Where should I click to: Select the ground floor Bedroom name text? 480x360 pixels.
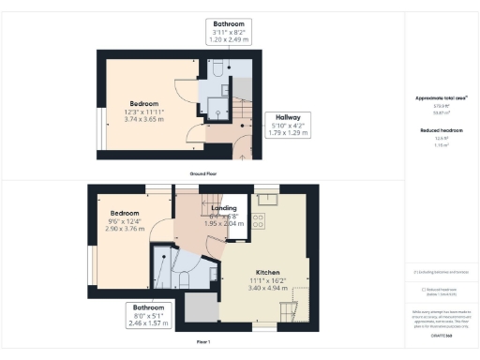(144, 103)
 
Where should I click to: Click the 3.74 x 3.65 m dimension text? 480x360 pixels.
(144, 119)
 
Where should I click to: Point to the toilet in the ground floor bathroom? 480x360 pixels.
(215, 68)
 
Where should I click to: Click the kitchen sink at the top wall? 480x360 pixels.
(266, 198)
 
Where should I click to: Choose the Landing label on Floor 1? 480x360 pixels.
(224, 208)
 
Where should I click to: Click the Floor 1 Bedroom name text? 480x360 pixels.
(125, 212)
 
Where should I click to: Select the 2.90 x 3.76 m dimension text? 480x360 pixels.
(125, 228)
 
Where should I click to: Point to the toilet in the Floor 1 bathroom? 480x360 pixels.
(184, 278)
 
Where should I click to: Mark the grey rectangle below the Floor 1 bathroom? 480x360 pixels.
(200, 308)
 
